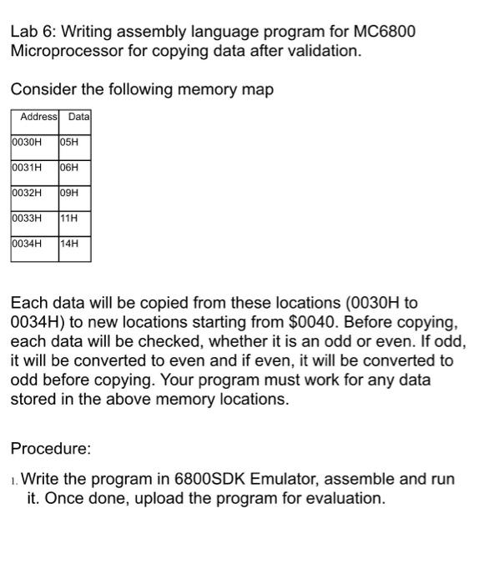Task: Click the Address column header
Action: [35, 117]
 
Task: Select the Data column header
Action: [78, 117]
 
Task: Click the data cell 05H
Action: [69, 141]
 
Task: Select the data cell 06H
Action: [69, 167]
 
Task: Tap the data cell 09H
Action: [69, 193]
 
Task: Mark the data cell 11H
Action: [69, 219]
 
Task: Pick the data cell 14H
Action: [69, 244]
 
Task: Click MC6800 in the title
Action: [381, 33]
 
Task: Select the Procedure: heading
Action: [50, 449]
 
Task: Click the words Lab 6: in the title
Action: [33, 33]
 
